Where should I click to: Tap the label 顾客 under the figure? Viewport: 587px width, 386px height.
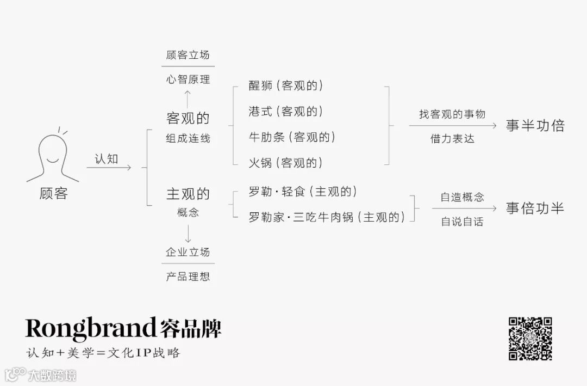click(53, 193)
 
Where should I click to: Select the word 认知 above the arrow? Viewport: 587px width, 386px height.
click(107, 158)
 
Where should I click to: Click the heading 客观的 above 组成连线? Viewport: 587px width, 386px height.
click(188, 118)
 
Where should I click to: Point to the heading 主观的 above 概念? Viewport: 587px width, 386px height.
click(188, 194)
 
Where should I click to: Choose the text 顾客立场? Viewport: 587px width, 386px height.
click(188, 55)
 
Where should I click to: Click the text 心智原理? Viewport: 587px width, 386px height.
click(188, 79)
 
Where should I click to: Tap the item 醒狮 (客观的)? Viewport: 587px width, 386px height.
click(285, 85)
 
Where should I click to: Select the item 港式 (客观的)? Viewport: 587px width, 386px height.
click(285, 111)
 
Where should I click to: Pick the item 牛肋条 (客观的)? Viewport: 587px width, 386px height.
click(292, 137)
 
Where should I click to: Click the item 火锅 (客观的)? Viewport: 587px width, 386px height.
click(285, 162)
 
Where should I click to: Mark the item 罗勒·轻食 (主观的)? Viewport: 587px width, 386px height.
click(303, 192)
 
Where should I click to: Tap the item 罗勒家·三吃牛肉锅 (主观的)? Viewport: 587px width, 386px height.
click(327, 217)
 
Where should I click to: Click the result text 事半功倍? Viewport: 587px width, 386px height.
click(535, 126)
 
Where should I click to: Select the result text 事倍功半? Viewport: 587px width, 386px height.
click(535, 208)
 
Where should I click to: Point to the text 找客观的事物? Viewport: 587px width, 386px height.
click(452, 114)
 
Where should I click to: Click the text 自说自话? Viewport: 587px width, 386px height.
click(461, 222)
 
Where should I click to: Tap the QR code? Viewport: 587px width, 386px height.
click(530, 339)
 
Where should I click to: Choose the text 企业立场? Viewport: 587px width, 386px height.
click(188, 252)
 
